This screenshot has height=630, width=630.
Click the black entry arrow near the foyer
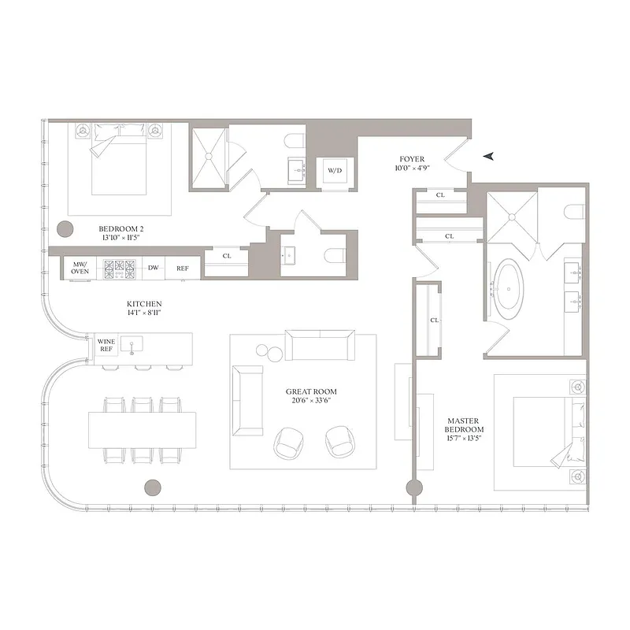click(491, 156)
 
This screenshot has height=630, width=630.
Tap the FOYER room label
click(411, 157)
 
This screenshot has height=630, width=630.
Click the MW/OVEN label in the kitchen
click(80, 267)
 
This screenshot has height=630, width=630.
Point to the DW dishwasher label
click(154, 268)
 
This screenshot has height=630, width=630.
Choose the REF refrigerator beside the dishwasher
click(182, 268)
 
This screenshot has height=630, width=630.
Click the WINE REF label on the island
click(106, 346)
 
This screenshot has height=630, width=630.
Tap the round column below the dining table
click(154, 487)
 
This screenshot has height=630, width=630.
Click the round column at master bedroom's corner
click(411, 487)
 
